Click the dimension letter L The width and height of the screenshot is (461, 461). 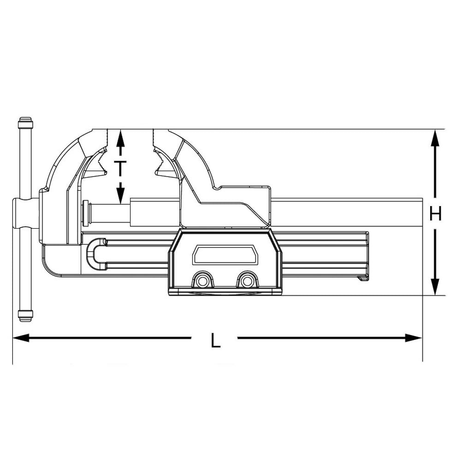(x=216, y=341)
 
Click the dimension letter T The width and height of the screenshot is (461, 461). (x=120, y=168)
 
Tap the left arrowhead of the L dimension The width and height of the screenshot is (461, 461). (x=21, y=337)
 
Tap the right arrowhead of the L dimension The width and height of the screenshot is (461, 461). (x=414, y=337)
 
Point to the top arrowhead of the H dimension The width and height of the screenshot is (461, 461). (x=435, y=138)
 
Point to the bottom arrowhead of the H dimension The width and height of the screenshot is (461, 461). (x=435, y=287)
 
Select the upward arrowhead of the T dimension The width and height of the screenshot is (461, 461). (x=120, y=138)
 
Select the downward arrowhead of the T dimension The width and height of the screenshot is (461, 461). (x=120, y=195)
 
